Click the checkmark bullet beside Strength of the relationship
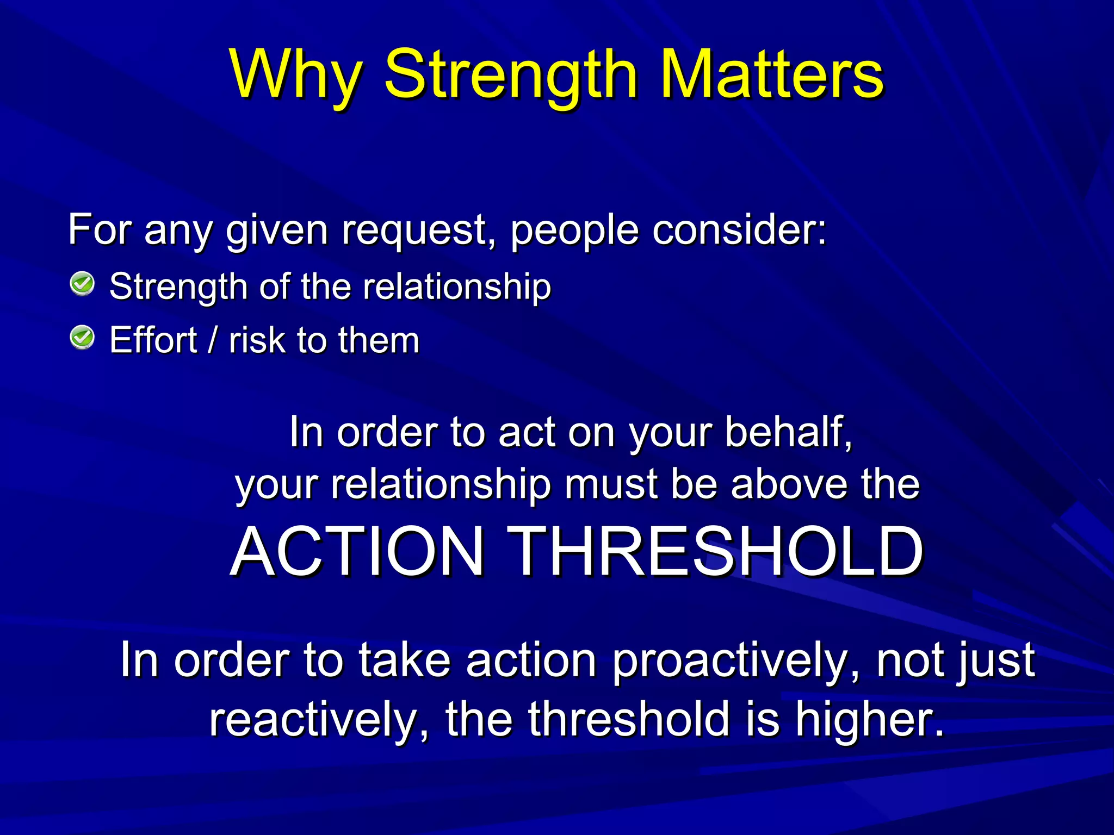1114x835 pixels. (x=83, y=284)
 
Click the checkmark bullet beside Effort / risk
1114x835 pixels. (x=83, y=338)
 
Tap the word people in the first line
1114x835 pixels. (x=574, y=231)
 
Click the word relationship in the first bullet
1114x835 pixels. (x=457, y=286)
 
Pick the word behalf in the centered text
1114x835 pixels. (x=788, y=432)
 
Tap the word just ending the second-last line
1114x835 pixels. (x=998, y=662)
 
